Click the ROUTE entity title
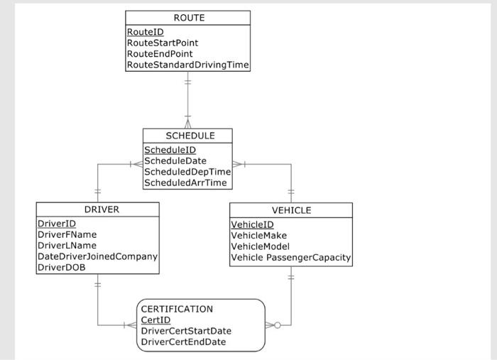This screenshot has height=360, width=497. pos(188,18)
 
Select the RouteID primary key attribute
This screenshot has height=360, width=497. pos(145,33)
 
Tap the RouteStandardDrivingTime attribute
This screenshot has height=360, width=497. pos(187,65)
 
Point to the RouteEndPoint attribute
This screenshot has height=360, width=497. pos(160,54)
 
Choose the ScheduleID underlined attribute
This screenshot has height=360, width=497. pos(170,150)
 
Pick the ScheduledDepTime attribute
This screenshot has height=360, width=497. pos(187,172)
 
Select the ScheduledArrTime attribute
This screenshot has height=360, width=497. pos(185,182)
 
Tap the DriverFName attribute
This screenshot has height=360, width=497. pos(67,234)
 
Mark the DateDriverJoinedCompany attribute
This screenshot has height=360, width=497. pos(97,256)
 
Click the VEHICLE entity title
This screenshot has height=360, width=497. pos(291,210)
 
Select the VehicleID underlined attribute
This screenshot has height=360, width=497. pos(252,224)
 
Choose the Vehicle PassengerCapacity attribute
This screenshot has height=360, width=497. pos(291,257)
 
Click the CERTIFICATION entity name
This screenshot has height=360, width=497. pos(177,309)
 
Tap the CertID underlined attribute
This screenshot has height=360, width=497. pos(155,320)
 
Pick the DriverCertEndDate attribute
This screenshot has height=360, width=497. pos(183,342)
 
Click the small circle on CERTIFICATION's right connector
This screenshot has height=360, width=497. pos(278,325)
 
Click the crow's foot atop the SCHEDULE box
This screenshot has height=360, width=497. pos(188,124)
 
